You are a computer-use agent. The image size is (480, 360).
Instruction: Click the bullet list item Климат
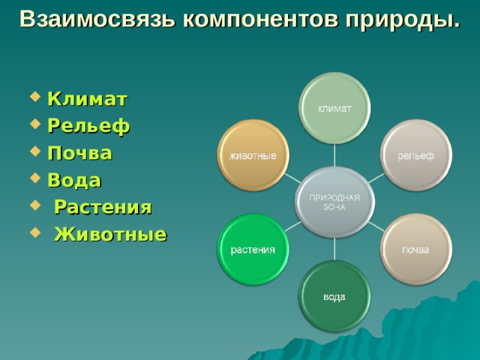87,100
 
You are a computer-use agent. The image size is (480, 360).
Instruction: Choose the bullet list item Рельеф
88,127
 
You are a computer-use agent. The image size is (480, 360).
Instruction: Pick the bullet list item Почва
79,154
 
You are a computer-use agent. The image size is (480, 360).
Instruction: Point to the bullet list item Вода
74,181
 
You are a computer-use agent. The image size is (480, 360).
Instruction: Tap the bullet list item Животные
110,234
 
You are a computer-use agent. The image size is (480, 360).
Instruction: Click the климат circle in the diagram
334,108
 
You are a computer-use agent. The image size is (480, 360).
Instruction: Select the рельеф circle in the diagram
415,154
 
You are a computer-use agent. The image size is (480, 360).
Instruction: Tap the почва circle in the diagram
415,249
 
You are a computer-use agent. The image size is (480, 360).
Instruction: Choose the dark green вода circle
334,296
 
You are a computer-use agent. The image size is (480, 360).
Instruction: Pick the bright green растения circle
253,249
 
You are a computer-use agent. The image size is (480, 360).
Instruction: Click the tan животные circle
253,154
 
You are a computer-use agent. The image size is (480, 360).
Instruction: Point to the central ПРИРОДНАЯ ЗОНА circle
334,202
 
